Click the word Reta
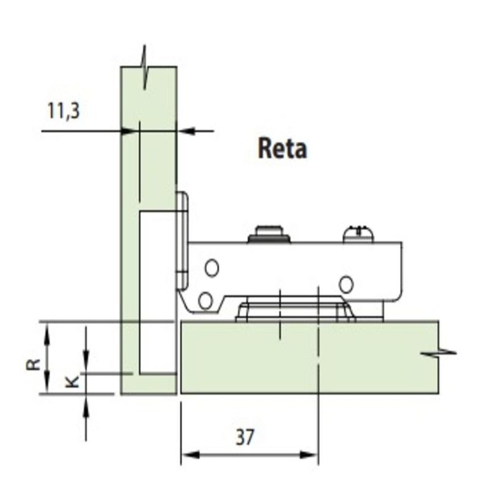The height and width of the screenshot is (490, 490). pos(282,149)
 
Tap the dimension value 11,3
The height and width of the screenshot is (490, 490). pos(64,111)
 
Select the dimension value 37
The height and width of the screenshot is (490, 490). pos(245,437)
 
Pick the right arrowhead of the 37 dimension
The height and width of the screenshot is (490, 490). pos(309,454)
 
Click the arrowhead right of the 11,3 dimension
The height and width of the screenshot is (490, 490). pos(186,131)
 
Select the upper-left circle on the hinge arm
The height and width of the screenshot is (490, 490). pos(211,268)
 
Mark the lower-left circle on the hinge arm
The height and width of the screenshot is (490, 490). pos(205,300)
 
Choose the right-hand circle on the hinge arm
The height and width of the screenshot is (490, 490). pos(346,284)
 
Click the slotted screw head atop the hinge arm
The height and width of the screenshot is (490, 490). pos(358,234)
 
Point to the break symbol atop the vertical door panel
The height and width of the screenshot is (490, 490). pos(145,67)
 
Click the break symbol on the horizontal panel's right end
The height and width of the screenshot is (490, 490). pos(439,353)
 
